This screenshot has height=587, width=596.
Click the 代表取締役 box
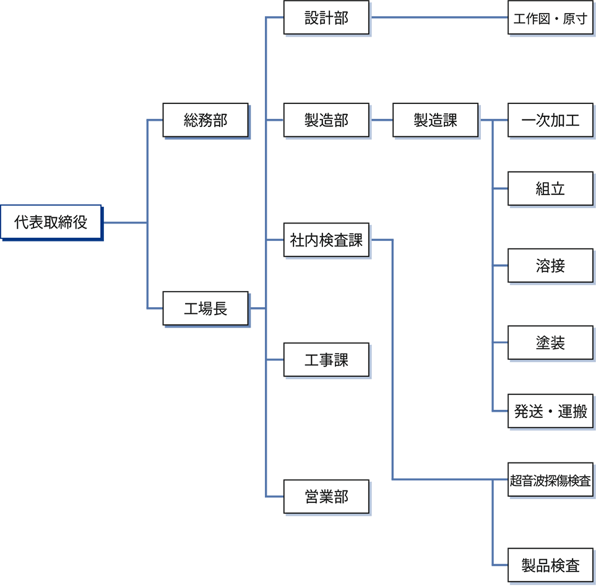51,222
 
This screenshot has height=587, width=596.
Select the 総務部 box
205,121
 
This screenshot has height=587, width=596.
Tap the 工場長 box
205,308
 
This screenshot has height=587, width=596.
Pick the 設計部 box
326,18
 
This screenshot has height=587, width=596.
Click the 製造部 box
326,121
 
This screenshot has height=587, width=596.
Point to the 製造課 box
435,121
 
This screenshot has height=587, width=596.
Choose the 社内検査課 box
326,240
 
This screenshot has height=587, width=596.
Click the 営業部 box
326,497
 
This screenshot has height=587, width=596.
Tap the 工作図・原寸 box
550,19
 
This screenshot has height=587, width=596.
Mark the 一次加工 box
550,121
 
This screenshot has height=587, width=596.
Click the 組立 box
550,189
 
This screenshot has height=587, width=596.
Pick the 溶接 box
550,266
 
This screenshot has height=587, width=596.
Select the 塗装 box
550,343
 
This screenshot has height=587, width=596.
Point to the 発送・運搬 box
550,412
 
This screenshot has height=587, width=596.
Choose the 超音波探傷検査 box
550,480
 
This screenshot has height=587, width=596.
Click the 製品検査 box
550,565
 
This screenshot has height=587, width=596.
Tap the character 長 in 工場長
220,308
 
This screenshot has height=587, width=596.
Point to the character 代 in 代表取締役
22,222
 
